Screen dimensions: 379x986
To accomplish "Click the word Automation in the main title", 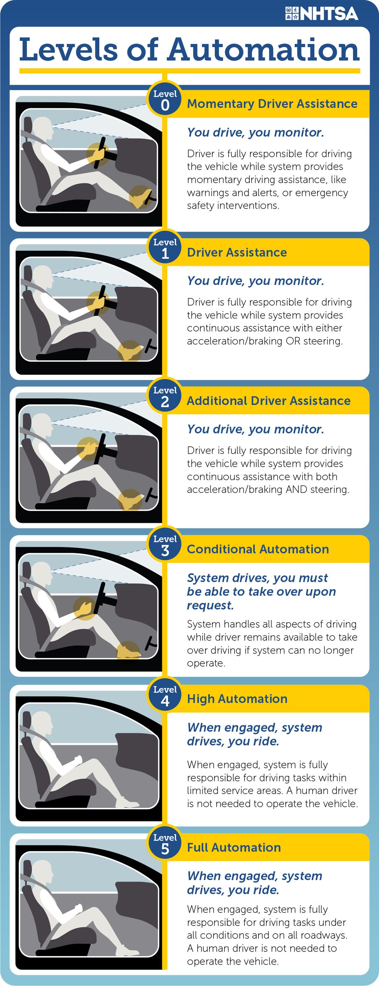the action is [x=264, y=49].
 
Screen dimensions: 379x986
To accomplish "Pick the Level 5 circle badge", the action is [x=165, y=844].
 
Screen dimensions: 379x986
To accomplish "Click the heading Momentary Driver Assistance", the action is [x=272, y=104].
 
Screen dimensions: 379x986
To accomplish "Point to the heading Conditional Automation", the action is [x=258, y=549].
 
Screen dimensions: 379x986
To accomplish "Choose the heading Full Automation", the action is [x=234, y=848].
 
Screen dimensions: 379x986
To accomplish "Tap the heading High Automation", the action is [x=237, y=699].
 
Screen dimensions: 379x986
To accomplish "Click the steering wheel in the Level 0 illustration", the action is [x=101, y=152].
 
